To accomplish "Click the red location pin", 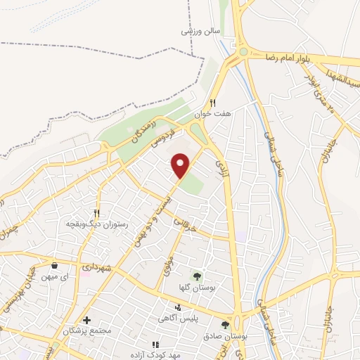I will [181, 166].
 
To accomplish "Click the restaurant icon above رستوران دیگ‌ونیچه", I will [97, 213].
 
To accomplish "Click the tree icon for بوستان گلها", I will [197, 275].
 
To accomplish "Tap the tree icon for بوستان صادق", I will [224, 324].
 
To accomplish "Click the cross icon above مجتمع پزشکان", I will [87, 320].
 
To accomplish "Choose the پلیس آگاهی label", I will [181, 317].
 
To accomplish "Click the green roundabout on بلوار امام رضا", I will [243, 51].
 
